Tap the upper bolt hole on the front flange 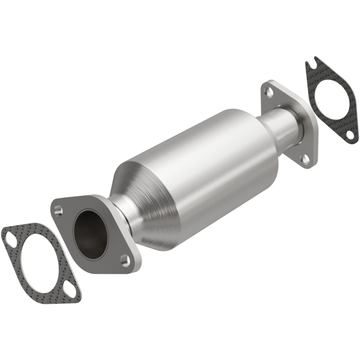(58, 210)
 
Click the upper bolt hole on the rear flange (269, 91)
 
